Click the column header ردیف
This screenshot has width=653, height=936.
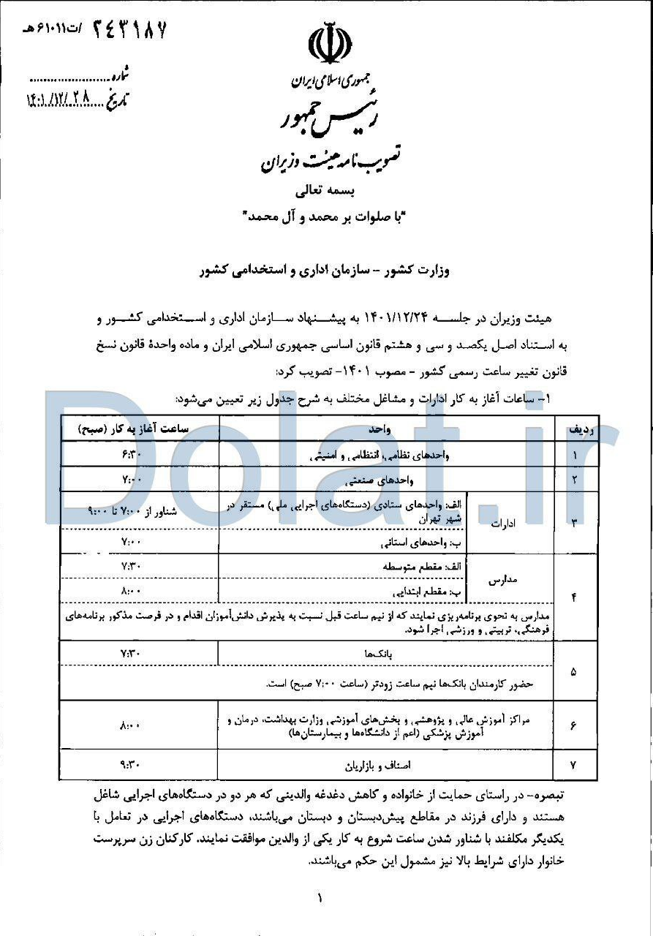[x=573, y=431]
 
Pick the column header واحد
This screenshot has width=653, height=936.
[x=387, y=430]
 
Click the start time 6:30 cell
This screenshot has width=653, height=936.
[x=130, y=454]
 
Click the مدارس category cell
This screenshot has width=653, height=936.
[x=502, y=578]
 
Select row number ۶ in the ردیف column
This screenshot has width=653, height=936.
[x=573, y=725]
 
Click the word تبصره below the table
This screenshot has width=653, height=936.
[x=554, y=793]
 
